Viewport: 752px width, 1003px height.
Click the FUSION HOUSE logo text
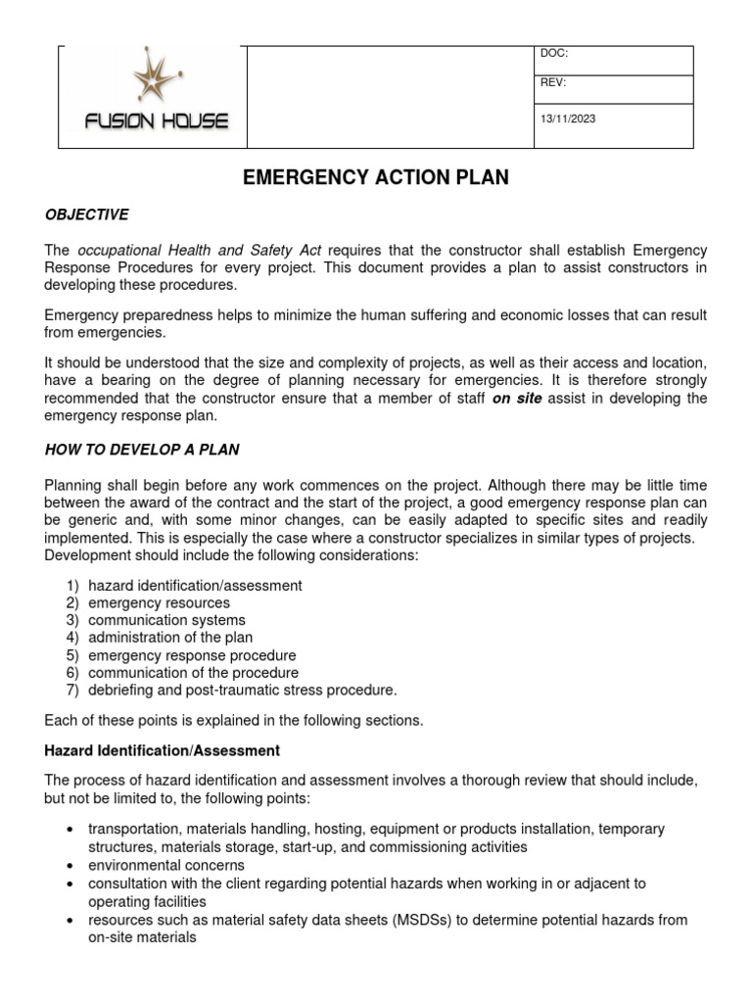point(157,122)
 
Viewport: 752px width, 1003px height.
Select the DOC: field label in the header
point(553,53)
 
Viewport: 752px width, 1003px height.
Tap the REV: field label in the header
point(553,83)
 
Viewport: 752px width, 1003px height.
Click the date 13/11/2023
point(568,119)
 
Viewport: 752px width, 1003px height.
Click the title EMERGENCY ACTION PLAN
point(376,177)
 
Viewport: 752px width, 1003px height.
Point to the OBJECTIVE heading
point(87,215)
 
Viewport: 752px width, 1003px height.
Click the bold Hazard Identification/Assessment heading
point(163,750)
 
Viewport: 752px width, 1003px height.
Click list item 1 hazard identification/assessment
point(195,586)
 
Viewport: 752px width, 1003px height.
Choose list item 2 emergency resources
point(159,603)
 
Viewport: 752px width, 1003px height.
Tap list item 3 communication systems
point(166,621)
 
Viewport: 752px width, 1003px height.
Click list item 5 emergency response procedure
point(192,655)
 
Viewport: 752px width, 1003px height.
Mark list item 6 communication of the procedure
point(193,673)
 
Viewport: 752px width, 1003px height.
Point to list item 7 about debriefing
point(242,691)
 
